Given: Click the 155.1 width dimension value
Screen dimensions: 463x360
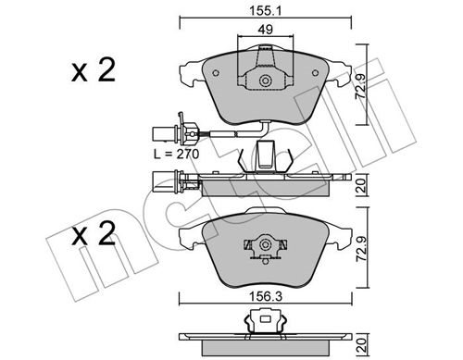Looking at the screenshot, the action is point(265,12).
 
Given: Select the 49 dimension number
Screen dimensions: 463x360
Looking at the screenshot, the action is point(266,30).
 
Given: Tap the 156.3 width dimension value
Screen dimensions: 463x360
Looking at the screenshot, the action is point(266,297).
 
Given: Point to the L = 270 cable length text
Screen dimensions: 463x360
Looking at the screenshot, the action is point(177,154).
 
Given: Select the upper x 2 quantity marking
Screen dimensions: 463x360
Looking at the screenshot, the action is point(94,70).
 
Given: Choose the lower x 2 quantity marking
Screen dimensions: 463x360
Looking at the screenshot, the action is point(94,234).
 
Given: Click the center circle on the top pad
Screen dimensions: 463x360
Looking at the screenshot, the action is point(265,81).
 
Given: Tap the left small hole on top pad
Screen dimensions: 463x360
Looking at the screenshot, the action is point(216,73).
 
